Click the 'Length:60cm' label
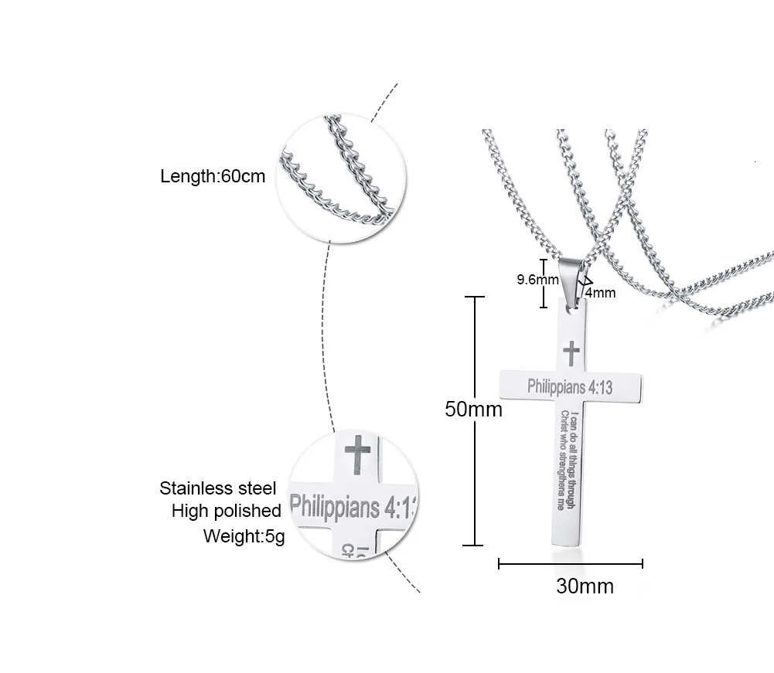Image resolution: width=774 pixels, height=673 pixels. (x=213, y=176)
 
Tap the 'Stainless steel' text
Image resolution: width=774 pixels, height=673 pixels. (x=217, y=488)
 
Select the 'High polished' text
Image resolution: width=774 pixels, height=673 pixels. (x=226, y=511)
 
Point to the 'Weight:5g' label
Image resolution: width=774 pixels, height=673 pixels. (x=244, y=535)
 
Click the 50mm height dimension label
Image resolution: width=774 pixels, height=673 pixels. (x=473, y=409)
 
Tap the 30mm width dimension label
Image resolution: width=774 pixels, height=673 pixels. (x=585, y=586)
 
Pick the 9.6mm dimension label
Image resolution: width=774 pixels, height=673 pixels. (x=537, y=280)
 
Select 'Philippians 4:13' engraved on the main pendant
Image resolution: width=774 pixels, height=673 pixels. (x=570, y=386)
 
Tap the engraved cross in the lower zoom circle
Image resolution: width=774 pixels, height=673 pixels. (x=356, y=456)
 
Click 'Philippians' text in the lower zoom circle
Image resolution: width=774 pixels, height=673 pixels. (x=334, y=507)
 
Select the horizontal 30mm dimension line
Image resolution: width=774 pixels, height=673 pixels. (x=570, y=565)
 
